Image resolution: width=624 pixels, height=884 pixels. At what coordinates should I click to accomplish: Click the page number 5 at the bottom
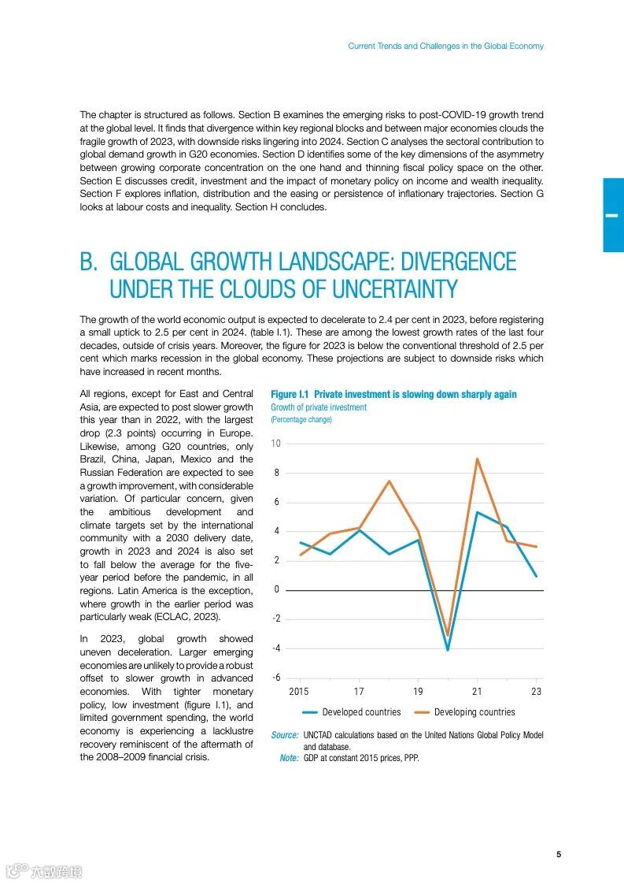click(x=558, y=855)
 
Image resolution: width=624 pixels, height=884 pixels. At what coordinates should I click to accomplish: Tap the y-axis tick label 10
click(x=275, y=444)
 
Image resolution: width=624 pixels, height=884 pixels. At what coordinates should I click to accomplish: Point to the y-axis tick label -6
click(x=275, y=678)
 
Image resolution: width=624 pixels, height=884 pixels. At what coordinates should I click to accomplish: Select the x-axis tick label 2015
click(x=299, y=692)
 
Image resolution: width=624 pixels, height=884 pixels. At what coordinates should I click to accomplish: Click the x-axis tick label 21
click(x=478, y=692)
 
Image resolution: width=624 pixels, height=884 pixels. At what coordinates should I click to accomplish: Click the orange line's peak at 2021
click(x=478, y=459)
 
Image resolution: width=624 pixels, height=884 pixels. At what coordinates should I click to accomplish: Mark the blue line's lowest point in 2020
click(x=448, y=650)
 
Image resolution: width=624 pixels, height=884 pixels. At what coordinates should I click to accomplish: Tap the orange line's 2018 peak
click(x=389, y=481)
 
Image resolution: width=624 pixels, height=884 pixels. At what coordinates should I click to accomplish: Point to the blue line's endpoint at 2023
click(x=537, y=576)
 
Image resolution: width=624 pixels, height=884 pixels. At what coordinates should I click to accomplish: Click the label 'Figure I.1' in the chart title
click(x=290, y=394)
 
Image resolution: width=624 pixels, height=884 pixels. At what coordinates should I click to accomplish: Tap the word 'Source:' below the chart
click(x=284, y=735)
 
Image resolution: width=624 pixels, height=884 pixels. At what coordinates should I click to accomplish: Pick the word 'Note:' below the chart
click(x=289, y=758)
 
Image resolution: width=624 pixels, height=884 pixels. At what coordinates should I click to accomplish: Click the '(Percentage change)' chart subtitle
click(x=301, y=420)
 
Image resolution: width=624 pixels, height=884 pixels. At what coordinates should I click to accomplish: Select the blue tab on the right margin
click(x=613, y=215)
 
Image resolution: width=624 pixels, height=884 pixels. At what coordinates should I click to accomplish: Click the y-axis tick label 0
click(x=277, y=590)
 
